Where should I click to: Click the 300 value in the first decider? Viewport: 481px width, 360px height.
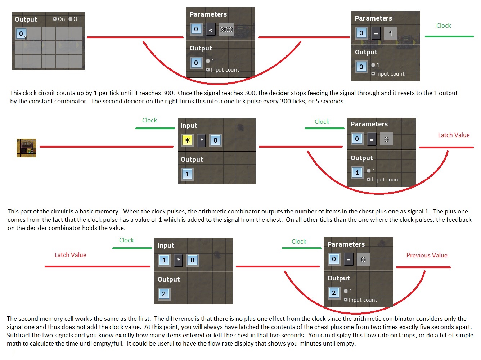[x=226, y=30]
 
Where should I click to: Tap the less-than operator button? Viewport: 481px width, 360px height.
[x=211, y=30]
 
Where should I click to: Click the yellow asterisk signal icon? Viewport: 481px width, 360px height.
[x=187, y=140]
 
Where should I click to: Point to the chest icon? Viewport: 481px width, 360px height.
[x=26, y=148]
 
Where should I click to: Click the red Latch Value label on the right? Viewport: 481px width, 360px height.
[x=454, y=135]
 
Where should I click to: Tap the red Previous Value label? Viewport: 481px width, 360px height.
[x=427, y=255]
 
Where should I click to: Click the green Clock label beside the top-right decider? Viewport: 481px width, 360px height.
[x=444, y=26]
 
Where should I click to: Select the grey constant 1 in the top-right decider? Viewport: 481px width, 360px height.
[x=391, y=33]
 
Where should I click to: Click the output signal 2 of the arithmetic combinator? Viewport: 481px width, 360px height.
[x=164, y=294]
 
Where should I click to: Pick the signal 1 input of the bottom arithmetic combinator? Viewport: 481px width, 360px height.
[x=164, y=260]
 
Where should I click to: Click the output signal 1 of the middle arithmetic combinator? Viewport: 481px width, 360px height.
[x=187, y=174]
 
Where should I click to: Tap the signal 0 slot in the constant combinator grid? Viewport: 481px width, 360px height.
[x=21, y=34]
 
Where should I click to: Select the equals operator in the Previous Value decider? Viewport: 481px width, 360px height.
[x=349, y=260]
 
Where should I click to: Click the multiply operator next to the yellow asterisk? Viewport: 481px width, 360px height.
[x=201, y=140]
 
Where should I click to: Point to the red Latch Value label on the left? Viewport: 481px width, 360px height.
[x=71, y=255]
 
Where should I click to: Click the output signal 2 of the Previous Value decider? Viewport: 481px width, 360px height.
[x=334, y=293]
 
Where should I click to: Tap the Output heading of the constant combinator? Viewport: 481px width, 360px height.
[x=26, y=19]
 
